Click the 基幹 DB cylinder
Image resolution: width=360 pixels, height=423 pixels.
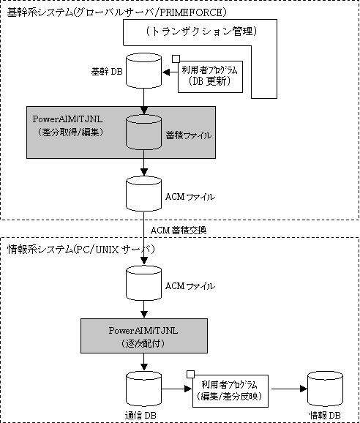pos(143,71)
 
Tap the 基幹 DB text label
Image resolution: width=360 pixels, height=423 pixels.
pos(107,72)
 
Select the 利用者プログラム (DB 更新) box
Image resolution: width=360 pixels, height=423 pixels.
pos(210,77)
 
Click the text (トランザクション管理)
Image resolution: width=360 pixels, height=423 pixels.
pos(202,31)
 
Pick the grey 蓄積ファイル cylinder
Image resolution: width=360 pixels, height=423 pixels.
pos(143,132)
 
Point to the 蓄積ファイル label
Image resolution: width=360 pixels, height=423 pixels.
pos(189,135)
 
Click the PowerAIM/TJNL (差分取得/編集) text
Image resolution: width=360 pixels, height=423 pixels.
pos(68,125)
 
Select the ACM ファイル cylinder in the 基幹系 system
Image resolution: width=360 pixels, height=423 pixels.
pos(143,193)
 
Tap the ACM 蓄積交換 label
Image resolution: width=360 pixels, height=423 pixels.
pos(179,230)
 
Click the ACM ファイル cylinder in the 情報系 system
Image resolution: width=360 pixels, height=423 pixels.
pos(143,283)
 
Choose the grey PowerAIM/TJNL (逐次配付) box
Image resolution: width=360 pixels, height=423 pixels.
pos(144,336)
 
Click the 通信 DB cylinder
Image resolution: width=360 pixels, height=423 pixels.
pos(143,389)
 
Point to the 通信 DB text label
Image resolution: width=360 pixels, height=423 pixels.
pos(140,416)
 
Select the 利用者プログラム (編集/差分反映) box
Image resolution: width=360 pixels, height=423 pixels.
pos(230,391)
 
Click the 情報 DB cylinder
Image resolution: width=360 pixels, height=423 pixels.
pos(325,389)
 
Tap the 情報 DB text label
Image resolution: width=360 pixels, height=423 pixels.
pos(325,416)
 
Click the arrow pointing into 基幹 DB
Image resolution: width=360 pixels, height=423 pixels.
pos(170,72)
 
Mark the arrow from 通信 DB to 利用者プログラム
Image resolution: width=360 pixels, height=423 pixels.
pos(176,389)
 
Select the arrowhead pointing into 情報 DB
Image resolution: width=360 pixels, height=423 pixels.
pos(304,389)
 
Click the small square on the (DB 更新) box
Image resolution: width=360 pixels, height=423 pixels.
pos(176,59)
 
